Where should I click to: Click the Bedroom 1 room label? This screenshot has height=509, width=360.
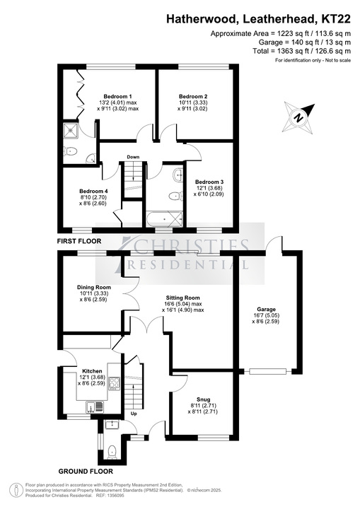117,96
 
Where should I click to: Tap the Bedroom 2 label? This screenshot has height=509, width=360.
193,96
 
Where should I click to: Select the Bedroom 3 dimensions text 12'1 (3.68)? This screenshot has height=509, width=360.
209,188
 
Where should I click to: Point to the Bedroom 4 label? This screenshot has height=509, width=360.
93,191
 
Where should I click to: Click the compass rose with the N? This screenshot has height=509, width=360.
299,117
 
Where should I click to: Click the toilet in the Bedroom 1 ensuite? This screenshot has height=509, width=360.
70,151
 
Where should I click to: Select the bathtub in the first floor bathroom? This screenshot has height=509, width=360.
164,219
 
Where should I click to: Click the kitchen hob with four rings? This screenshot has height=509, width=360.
114,383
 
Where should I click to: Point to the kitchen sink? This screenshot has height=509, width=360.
95,406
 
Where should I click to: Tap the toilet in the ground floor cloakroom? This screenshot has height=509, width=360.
112,452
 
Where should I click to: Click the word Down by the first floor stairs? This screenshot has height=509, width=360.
133,157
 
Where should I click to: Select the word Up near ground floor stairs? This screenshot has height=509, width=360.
134,414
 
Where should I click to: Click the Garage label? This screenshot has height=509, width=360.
266,310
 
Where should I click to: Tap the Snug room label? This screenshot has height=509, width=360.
203,399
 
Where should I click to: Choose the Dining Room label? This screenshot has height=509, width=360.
94,287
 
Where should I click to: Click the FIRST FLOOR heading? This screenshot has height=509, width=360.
79,241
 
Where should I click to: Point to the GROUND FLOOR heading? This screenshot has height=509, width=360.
86,472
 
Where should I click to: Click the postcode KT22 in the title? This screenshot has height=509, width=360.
336,19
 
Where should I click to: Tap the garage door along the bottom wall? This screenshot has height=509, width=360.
268,371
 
